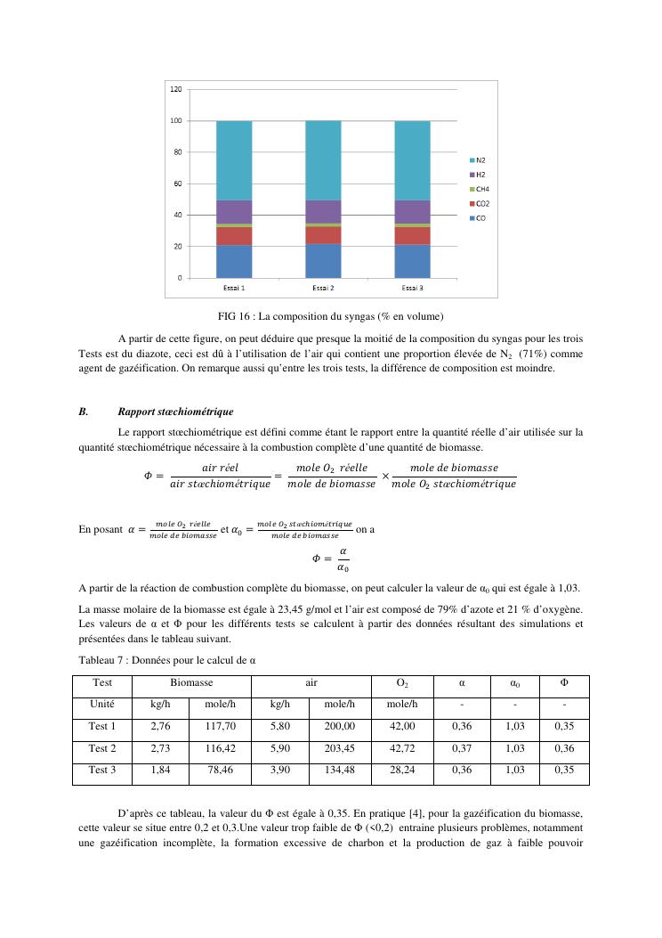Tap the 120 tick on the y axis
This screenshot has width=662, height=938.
coord(176,90)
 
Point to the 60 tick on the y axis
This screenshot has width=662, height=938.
coord(178,184)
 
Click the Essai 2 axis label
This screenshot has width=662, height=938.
coord(323,289)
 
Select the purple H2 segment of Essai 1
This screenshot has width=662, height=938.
coord(234,212)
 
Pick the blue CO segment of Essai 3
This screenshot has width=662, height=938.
coord(412,261)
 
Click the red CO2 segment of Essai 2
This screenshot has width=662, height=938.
coord(323,235)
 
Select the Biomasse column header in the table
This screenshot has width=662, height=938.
coord(191,681)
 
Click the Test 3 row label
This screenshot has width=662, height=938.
coord(102,770)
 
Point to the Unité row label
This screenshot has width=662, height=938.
coord(102,704)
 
